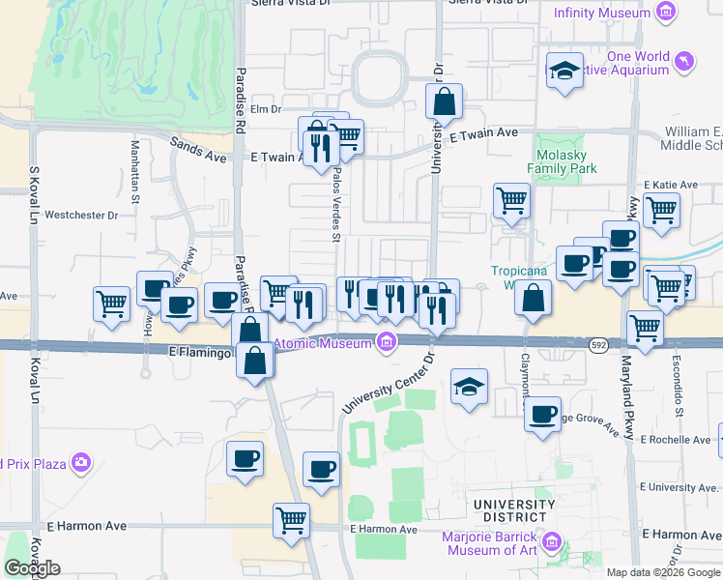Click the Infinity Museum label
click(x=601, y=13)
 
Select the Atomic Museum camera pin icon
click(x=387, y=341)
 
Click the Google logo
click(x=32, y=568)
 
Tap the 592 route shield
click(x=599, y=343)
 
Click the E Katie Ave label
click(x=670, y=184)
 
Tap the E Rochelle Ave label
click(x=676, y=439)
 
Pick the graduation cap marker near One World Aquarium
click(x=564, y=71)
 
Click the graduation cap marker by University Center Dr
click(x=470, y=387)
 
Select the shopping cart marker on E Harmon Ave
click(x=291, y=520)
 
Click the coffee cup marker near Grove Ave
click(x=542, y=415)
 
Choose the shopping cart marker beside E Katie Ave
click(x=661, y=209)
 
